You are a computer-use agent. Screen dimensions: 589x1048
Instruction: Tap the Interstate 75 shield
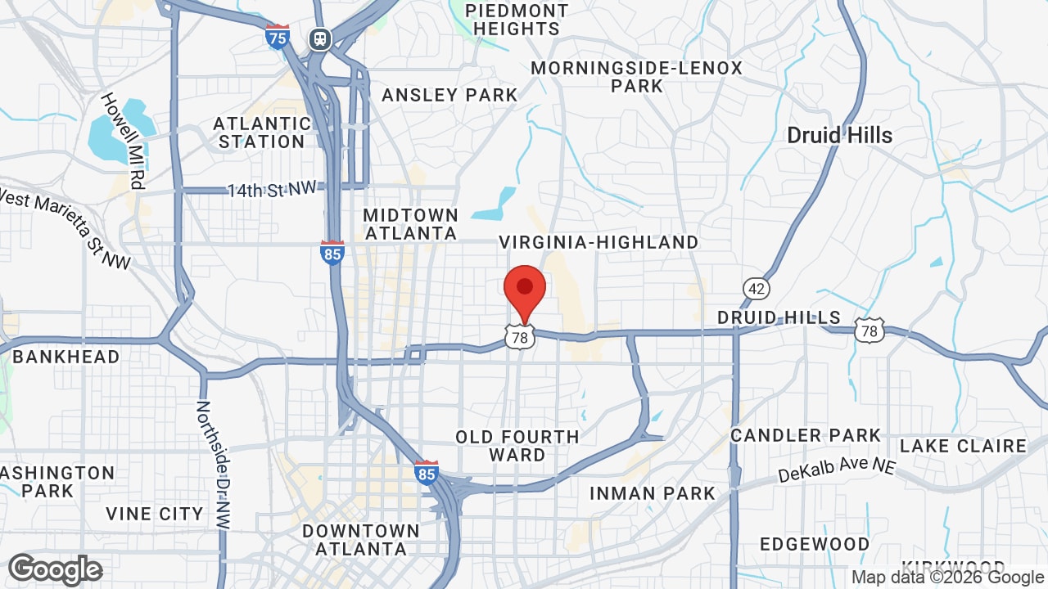(x=278, y=37)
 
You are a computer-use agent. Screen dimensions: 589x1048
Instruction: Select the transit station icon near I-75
(x=319, y=38)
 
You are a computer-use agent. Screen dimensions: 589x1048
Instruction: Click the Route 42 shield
(x=757, y=288)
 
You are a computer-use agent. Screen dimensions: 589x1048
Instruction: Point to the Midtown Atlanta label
(x=410, y=223)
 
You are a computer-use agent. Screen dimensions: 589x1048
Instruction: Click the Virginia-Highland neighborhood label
(x=599, y=242)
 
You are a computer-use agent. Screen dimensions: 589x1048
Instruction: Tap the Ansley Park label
(x=449, y=95)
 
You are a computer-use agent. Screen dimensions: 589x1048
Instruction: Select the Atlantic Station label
(x=262, y=133)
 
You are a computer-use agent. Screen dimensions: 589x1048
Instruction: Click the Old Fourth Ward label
(x=517, y=446)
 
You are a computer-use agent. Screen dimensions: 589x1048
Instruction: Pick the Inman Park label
(x=653, y=493)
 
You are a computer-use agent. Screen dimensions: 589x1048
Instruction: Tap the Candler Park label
(x=806, y=435)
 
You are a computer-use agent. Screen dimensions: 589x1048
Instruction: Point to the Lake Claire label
(x=963, y=446)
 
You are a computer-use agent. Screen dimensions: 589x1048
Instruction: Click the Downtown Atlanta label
(x=361, y=540)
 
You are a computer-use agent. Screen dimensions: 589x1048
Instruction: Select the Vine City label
(x=155, y=514)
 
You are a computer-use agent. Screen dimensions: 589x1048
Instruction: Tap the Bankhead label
(x=66, y=357)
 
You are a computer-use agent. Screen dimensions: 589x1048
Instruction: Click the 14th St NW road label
(x=272, y=190)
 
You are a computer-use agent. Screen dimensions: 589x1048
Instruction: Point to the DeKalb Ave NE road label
(x=836, y=470)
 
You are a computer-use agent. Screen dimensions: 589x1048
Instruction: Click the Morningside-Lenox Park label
(x=637, y=76)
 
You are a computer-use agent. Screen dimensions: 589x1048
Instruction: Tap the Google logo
(x=55, y=569)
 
